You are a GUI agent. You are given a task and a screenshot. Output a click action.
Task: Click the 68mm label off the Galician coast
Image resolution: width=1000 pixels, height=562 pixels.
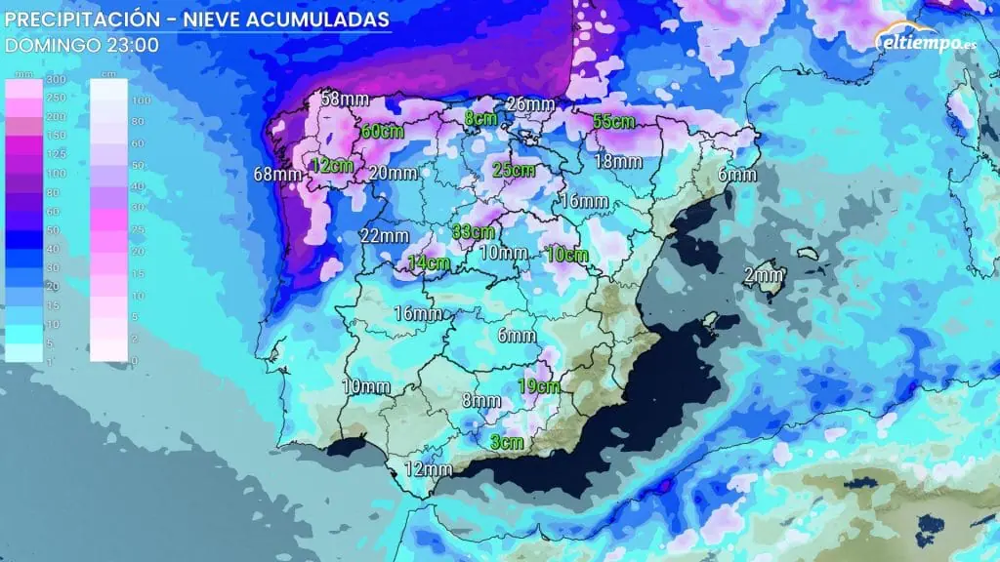pos(277,175)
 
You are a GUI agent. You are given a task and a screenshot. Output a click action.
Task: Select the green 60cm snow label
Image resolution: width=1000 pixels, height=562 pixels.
pos(383,132)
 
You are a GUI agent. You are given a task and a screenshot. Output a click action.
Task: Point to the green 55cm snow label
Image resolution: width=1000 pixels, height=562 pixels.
pos(615,122)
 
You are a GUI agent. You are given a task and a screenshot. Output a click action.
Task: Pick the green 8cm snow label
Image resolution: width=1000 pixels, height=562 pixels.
pos(480,118)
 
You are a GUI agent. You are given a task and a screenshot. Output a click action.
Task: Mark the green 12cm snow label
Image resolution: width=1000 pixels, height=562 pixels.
pos(332,165)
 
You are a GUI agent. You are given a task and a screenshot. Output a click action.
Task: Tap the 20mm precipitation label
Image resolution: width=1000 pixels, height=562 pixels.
pos(395,173)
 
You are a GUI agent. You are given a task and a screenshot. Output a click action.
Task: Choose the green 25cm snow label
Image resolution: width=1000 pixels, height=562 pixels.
pos(514,170)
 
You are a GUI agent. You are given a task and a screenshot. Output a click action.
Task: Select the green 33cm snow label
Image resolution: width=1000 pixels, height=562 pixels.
pos(475,232)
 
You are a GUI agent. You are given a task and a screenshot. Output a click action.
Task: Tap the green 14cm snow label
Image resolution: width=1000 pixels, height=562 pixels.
pos(429,261)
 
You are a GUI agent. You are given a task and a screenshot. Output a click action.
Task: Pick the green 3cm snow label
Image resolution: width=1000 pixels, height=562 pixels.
pos(507,442)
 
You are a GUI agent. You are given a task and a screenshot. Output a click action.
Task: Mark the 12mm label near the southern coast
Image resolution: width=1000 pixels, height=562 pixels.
pos(428,469)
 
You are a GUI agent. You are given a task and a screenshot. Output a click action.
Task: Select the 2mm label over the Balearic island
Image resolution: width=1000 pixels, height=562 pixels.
pos(763,275)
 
